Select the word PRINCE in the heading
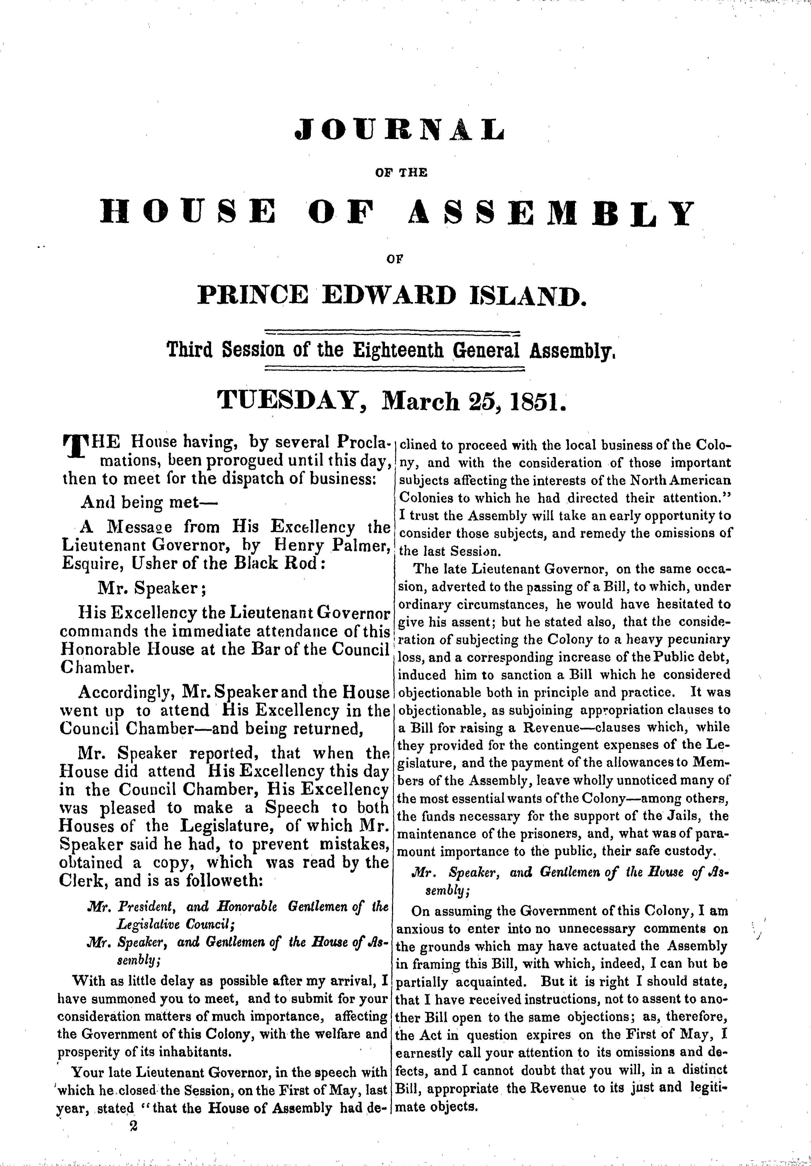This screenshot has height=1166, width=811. click(x=252, y=296)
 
